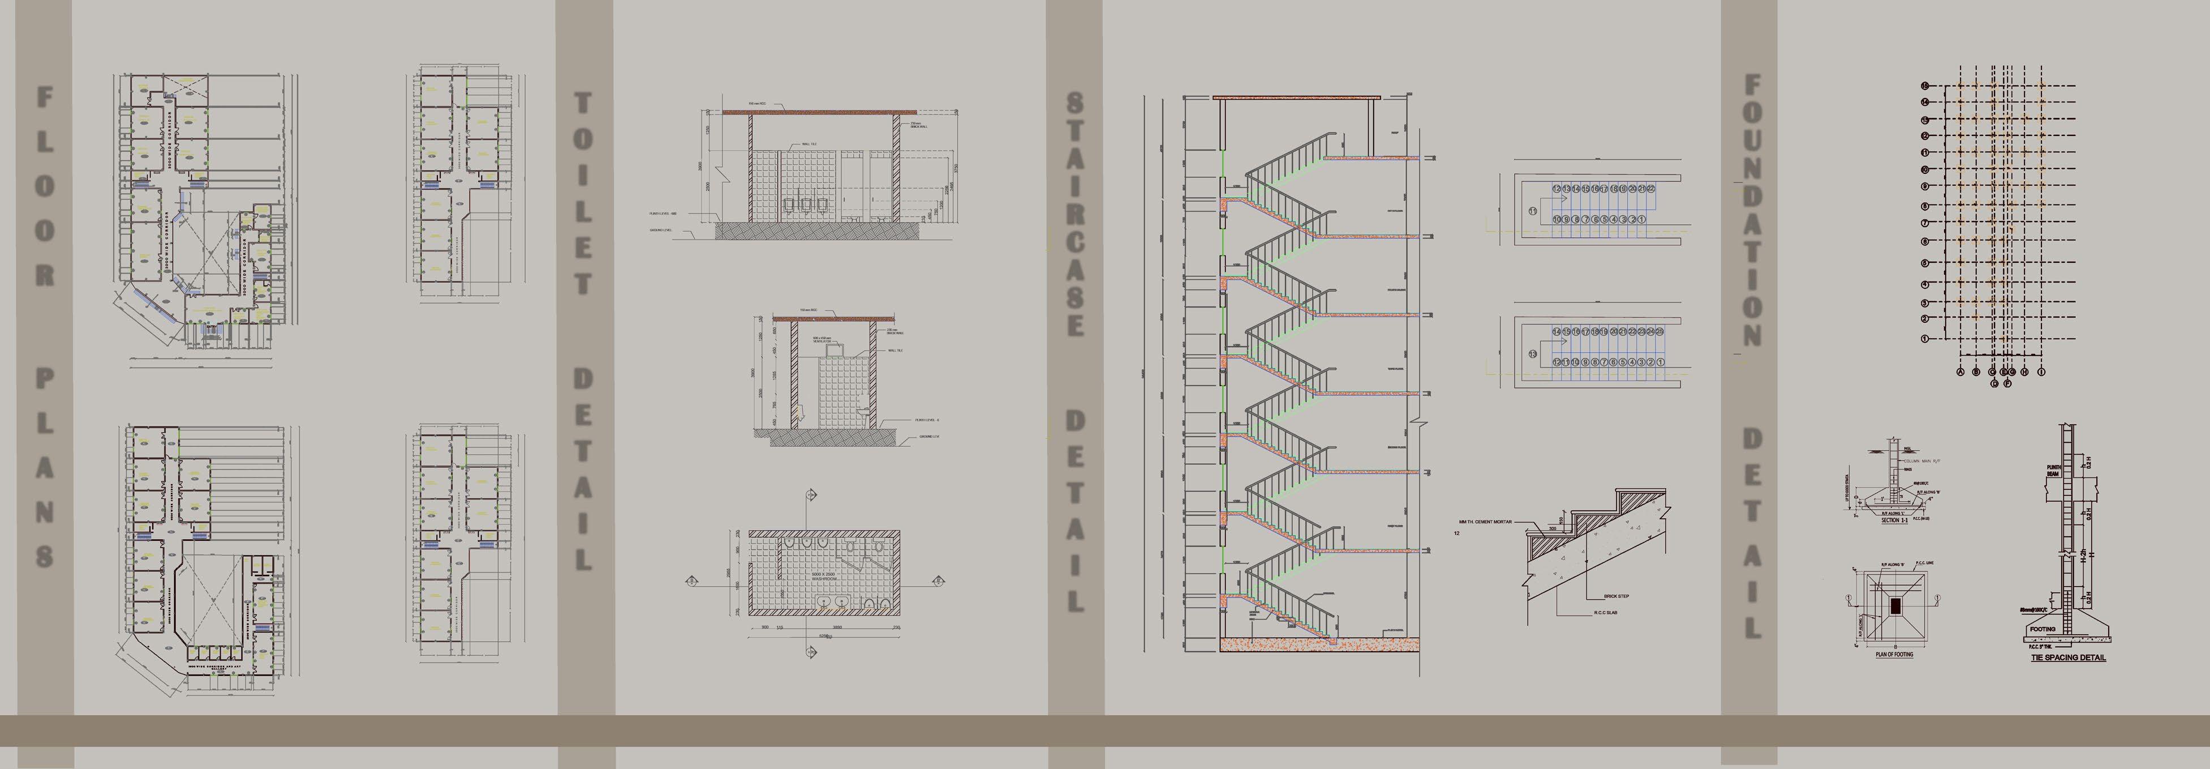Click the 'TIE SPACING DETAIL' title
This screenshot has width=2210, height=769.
[2067, 658]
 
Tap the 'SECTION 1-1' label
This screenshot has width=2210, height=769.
[1894, 520]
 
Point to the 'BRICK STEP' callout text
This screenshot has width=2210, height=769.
[1616, 596]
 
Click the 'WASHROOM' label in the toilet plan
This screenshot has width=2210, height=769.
[824, 579]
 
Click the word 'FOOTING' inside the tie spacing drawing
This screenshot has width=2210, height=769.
[2042, 629]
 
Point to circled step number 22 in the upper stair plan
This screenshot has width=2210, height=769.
[1650, 189]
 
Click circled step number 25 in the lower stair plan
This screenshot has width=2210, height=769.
[1660, 331]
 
